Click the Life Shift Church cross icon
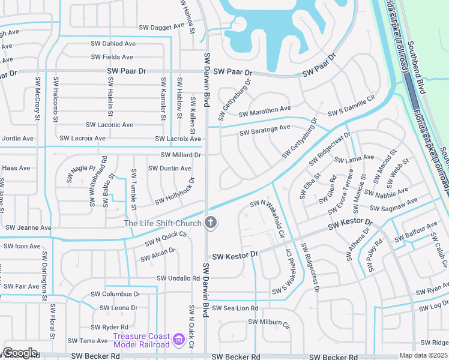pos(210,223)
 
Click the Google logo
pos(20,353)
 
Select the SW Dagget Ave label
pos(161,27)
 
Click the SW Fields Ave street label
pos(112,57)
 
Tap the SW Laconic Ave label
pos(109,125)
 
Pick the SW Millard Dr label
pos(180,155)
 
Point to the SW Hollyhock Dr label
pos(175,193)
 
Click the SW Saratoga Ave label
pos(265,130)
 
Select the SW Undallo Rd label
pos(178,278)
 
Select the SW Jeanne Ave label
pos(28,228)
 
